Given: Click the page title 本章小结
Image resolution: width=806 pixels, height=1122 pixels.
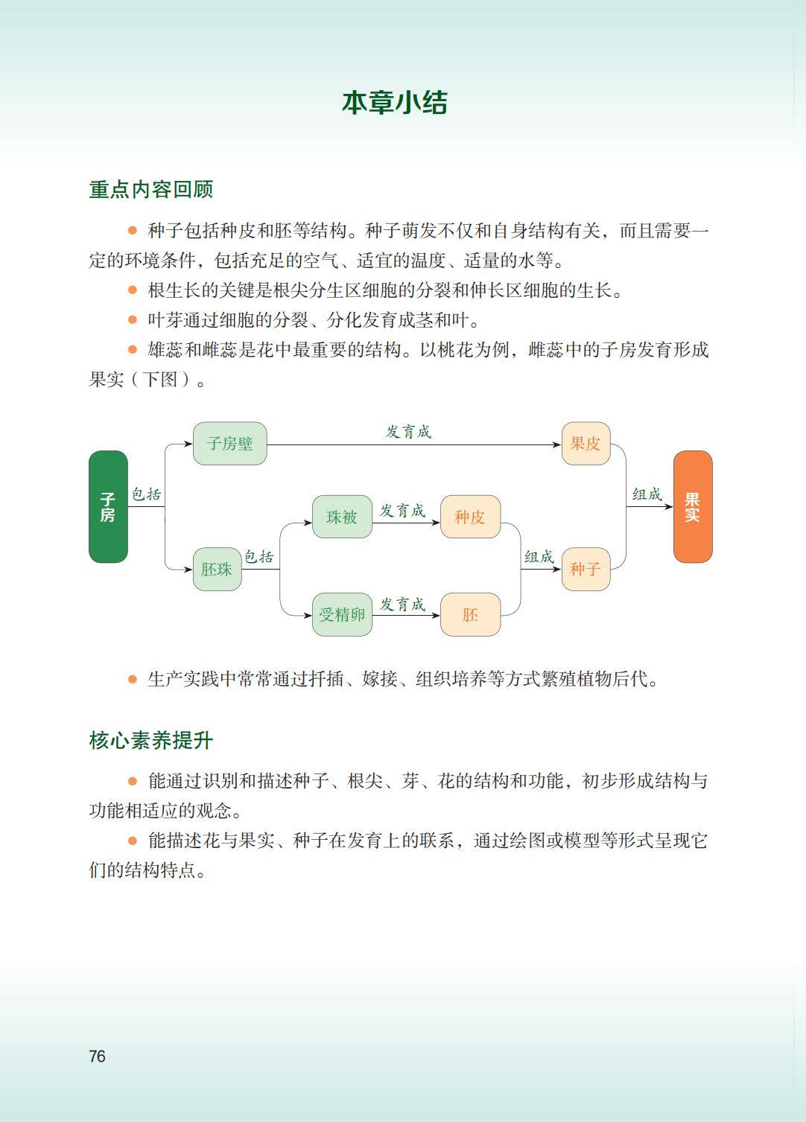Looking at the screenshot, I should point(394,103).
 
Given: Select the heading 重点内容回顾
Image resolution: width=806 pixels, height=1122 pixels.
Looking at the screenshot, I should point(151,190).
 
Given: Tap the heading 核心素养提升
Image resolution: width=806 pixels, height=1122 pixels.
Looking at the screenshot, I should point(151,740).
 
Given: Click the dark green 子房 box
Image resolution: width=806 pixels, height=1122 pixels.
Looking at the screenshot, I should point(108,506).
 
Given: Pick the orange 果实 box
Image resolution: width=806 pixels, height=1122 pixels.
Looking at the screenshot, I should point(692,506).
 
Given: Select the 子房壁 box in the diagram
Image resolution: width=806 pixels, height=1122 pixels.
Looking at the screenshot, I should point(229,444).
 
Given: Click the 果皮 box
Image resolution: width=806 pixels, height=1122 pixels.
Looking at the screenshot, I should point(586,444).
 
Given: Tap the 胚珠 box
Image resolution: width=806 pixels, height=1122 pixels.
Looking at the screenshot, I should point(217,570).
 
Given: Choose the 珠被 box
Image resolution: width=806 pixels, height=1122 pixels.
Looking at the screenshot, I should point(342,517).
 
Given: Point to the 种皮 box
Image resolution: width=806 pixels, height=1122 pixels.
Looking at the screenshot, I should point(470,517).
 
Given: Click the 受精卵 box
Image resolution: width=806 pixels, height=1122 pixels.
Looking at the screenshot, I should point(342,614).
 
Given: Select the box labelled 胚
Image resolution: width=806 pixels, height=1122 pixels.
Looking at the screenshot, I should point(470,614).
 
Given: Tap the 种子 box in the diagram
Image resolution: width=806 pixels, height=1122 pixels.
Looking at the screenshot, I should point(586,570).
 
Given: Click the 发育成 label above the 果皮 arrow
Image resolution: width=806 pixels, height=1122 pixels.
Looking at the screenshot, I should point(408,432).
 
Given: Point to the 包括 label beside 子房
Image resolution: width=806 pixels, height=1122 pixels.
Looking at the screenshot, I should point(147,494).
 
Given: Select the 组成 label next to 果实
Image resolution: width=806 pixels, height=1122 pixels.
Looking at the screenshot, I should point(647,494).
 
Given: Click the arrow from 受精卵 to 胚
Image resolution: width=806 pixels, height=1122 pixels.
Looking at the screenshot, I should point(406,615).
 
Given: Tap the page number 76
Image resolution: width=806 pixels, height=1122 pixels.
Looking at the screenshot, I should point(97,1056).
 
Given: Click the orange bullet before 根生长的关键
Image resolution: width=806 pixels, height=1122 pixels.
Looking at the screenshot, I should point(133,290).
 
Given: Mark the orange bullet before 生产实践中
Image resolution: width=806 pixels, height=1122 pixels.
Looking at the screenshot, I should point(133,679).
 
